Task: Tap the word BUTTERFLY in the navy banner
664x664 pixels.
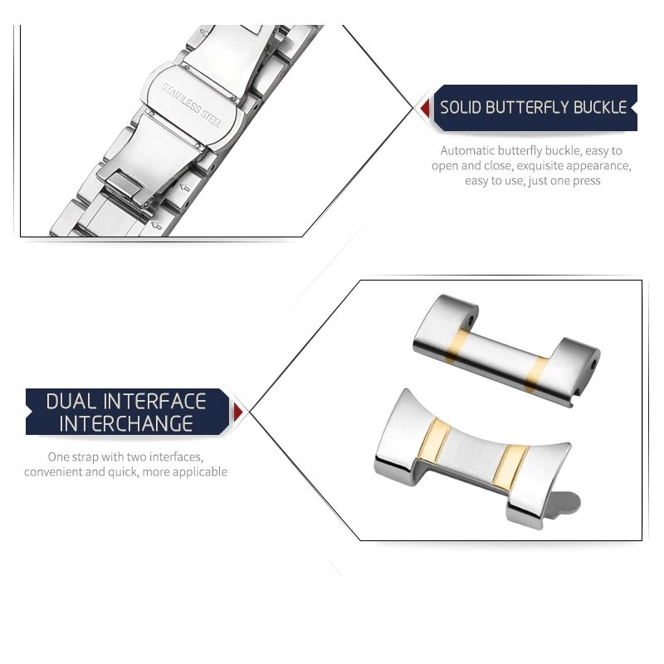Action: [x=527, y=108]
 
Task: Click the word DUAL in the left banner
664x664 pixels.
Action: [x=71, y=401]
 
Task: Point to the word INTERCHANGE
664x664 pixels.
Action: [x=126, y=423]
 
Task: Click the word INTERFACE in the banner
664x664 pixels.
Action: [x=154, y=401]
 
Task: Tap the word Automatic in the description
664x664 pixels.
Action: [x=467, y=151]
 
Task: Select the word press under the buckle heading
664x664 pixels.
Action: [x=586, y=181]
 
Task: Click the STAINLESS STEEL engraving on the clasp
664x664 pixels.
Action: [x=191, y=105]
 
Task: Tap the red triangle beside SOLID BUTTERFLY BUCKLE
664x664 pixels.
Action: [x=425, y=109]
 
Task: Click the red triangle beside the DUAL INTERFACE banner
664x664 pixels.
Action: [x=238, y=412]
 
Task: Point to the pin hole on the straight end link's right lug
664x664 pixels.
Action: [x=594, y=364]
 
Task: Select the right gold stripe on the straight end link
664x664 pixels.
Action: [x=535, y=375]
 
